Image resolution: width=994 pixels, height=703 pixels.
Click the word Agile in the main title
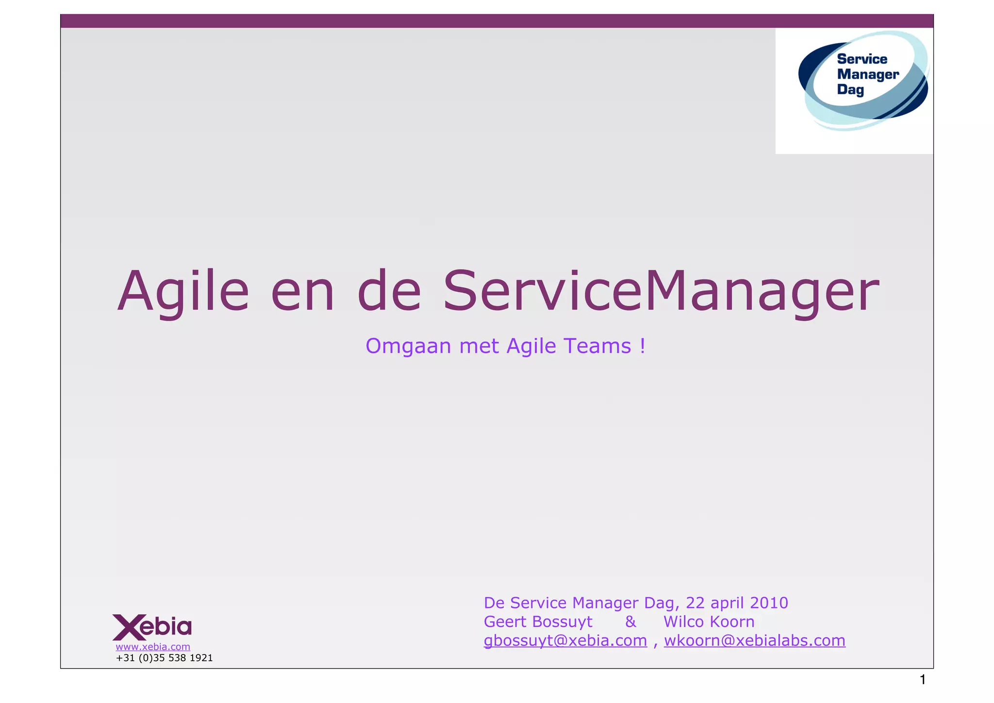(x=183, y=291)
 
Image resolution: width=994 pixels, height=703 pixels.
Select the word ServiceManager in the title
(x=661, y=291)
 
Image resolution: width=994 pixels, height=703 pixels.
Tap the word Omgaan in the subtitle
(x=408, y=346)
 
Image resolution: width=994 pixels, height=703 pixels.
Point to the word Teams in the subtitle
(x=597, y=346)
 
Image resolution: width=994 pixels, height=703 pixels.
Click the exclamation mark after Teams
(x=643, y=346)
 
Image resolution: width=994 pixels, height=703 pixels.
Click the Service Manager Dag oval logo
(x=863, y=81)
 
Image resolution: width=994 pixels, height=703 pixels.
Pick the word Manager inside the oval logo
(x=868, y=74)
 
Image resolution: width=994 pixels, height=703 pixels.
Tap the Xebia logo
(x=152, y=627)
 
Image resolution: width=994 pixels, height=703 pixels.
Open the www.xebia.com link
(x=153, y=647)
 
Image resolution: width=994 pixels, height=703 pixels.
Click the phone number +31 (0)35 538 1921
(x=164, y=658)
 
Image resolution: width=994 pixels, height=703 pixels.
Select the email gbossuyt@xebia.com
(x=565, y=641)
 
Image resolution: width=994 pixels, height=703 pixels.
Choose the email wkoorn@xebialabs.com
(x=755, y=641)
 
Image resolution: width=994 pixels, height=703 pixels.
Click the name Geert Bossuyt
(x=538, y=622)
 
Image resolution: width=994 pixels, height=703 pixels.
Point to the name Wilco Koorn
(x=709, y=622)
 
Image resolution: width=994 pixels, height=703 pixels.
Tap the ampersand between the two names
(x=630, y=622)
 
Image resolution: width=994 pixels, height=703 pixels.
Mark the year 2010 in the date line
(x=769, y=603)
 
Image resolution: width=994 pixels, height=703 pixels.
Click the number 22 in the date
(x=695, y=603)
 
